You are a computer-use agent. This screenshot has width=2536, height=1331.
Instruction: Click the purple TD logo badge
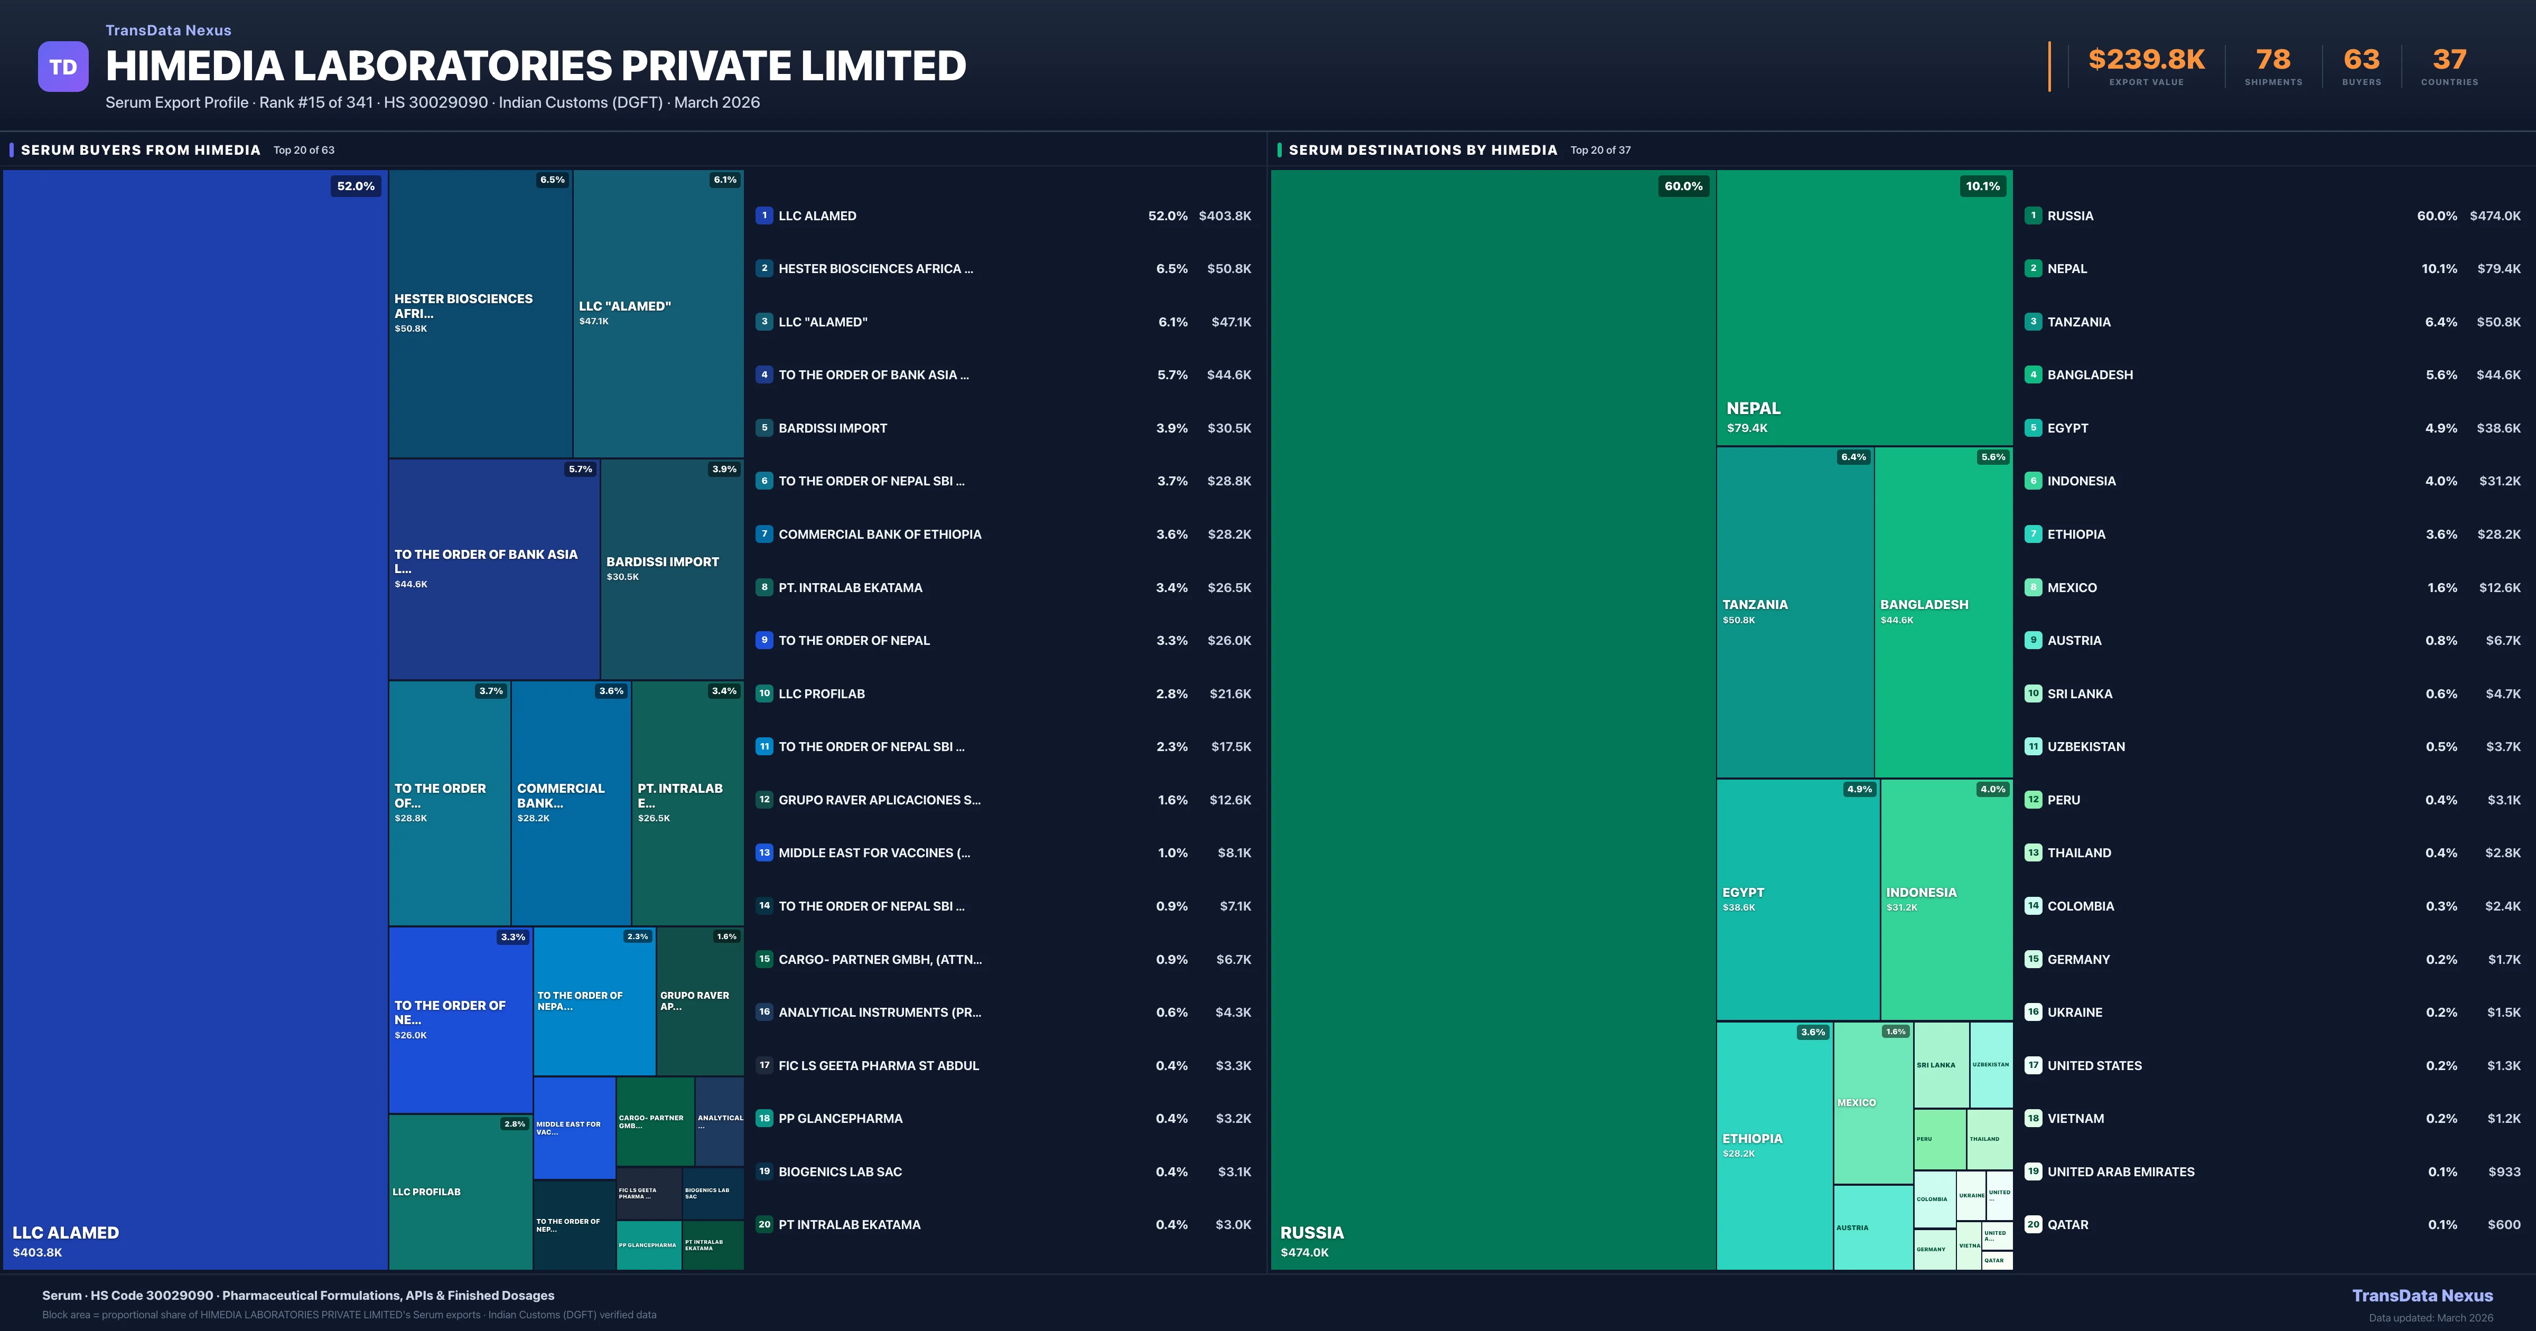[63, 67]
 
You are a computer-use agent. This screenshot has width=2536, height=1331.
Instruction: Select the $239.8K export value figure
[2146, 60]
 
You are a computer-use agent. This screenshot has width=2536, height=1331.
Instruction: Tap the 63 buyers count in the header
[2361, 60]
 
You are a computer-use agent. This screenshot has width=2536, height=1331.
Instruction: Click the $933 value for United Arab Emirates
[2504, 1171]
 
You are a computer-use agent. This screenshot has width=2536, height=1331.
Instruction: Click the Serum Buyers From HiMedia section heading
[141, 149]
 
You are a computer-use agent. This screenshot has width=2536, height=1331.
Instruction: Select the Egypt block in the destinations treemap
[1797, 899]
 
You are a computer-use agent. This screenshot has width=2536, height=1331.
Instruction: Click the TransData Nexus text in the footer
[2422, 1296]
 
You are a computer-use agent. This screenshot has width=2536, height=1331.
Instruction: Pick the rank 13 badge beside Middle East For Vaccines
[764, 852]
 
